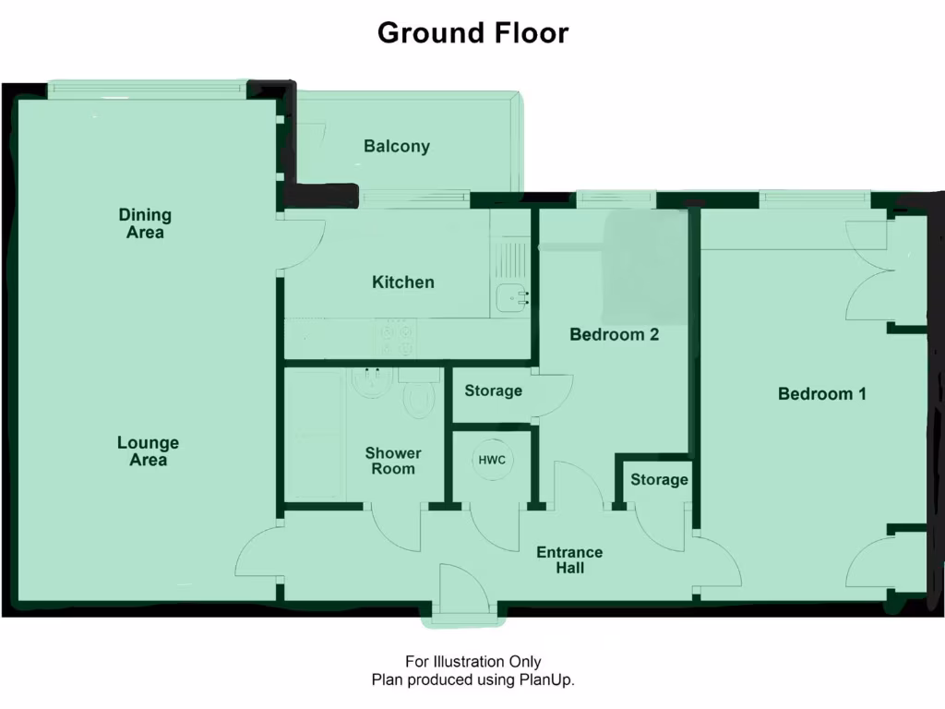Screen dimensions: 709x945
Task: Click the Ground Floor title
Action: pyautogui.click(x=472, y=33)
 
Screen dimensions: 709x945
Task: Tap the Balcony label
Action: pyautogui.click(x=396, y=146)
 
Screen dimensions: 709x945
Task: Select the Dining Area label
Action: pyautogui.click(x=145, y=223)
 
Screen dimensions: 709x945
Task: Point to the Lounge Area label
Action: pyautogui.click(x=148, y=451)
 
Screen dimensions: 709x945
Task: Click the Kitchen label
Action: pyautogui.click(x=402, y=282)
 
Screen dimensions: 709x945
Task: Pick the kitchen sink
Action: pyautogui.click(x=511, y=297)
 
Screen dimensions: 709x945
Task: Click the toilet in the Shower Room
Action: pyautogui.click(x=420, y=396)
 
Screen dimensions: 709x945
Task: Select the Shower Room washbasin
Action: pyautogui.click(x=371, y=381)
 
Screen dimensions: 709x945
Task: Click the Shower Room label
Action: pyautogui.click(x=393, y=461)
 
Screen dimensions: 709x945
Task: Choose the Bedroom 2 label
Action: pyautogui.click(x=614, y=334)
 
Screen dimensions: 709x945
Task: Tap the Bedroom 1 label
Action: pyautogui.click(x=821, y=394)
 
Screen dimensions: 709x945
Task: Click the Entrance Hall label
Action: pyautogui.click(x=569, y=560)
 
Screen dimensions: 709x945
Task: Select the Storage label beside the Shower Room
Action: pyautogui.click(x=493, y=391)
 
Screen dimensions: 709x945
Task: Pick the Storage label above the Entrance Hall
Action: pyautogui.click(x=659, y=479)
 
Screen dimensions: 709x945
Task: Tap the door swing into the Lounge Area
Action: pyautogui.click(x=258, y=554)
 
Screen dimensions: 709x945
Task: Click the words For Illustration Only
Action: pyautogui.click(x=472, y=661)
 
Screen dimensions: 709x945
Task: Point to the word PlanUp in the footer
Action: pyautogui.click(x=550, y=679)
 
